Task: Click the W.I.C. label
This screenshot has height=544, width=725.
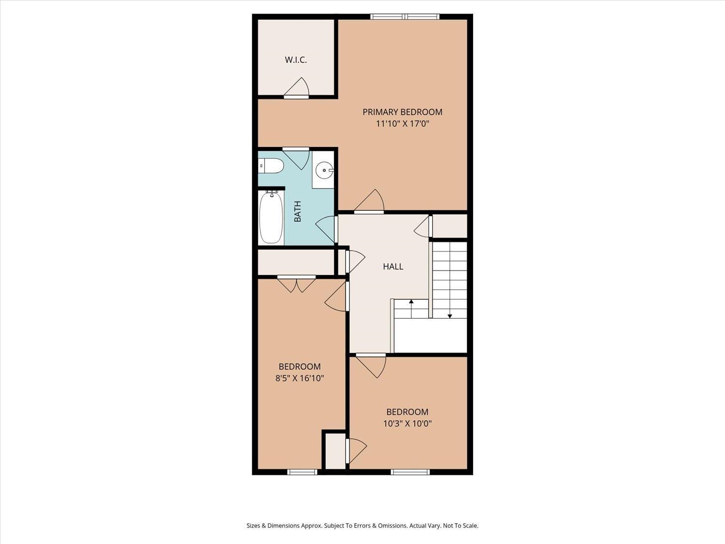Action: [295, 60]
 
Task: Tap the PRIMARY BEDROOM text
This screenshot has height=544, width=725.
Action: [402, 112]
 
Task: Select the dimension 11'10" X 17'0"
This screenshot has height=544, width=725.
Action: [402, 124]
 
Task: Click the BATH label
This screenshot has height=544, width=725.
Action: [297, 211]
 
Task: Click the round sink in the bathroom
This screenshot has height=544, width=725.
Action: [323, 170]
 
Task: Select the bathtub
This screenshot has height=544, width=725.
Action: [271, 217]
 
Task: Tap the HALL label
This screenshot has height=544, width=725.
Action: [392, 266]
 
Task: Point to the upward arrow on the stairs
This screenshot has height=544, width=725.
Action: [411, 302]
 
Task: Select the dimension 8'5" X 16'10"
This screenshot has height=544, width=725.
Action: [299, 378]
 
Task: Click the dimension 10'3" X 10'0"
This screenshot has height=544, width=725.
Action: [407, 424]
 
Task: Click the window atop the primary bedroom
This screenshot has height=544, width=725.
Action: [405, 17]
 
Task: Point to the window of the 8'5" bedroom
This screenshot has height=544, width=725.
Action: [302, 472]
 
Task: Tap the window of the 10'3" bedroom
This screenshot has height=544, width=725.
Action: [410, 472]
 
